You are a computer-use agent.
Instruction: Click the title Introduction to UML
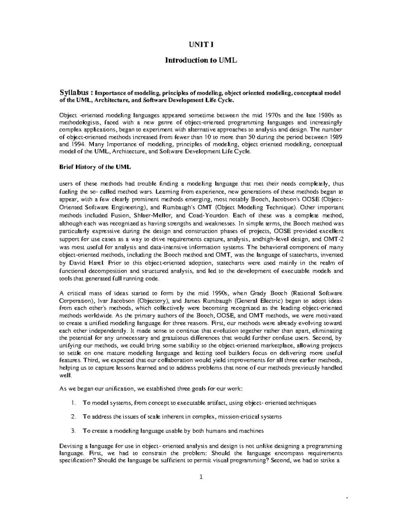click(x=201, y=60)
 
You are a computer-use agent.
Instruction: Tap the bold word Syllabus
click(x=74, y=92)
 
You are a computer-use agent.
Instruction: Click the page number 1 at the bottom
click(x=201, y=477)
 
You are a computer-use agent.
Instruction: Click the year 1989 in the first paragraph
click(x=336, y=138)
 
